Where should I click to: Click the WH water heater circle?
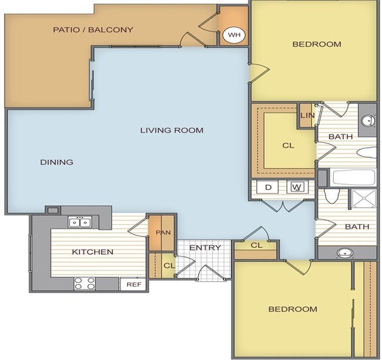pyautogui.click(x=234, y=35)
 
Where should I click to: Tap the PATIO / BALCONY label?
pyautogui.click(x=93, y=30)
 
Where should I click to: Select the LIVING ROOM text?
pyautogui.click(x=172, y=130)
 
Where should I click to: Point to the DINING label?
pyautogui.click(x=56, y=162)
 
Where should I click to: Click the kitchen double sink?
pyautogui.click(x=80, y=222)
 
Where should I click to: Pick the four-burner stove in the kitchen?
pyautogui.click(x=85, y=284)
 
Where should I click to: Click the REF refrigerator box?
pyautogui.click(x=134, y=284)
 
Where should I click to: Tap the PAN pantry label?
pyautogui.click(x=163, y=233)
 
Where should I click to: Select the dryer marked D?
pyautogui.click(x=268, y=187)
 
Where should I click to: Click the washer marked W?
pyautogui.click(x=297, y=187)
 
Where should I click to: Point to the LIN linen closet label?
pyautogui.click(x=307, y=115)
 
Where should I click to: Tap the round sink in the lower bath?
pyautogui.click(x=345, y=253)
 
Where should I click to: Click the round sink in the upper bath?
pyautogui.click(x=368, y=121)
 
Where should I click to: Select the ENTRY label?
pyautogui.click(x=205, y=248)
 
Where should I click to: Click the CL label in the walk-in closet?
pyautogui.click(x=288, y=146)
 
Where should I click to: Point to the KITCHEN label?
pyautogui.click(x=93, y=252)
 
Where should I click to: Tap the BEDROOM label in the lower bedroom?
pyautogui.click(x=293, y=309)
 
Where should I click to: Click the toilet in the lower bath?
pyautogui.click(x=332, y=196)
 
